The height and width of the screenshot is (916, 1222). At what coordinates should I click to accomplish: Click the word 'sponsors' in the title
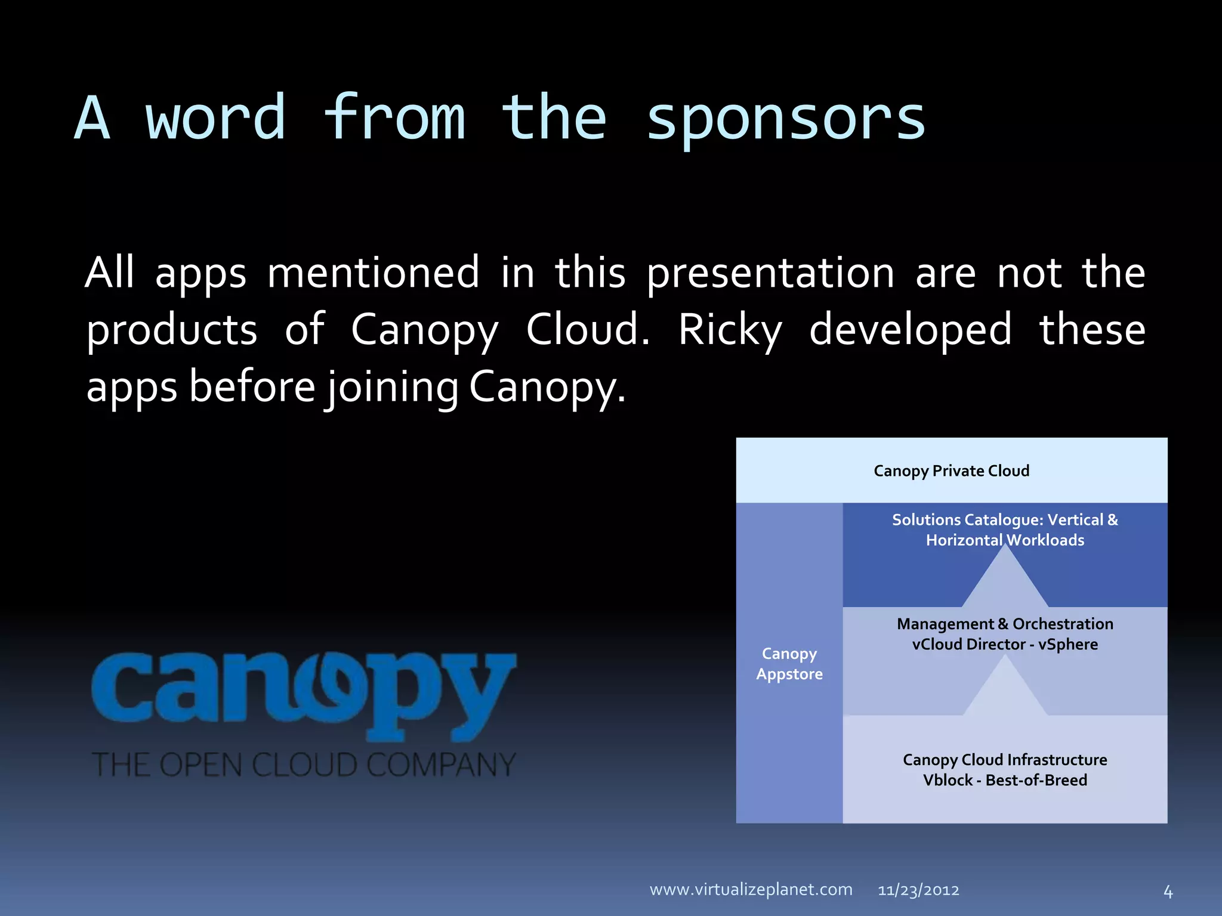pos(786,120)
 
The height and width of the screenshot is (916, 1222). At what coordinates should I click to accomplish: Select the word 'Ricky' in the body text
pos(730,330)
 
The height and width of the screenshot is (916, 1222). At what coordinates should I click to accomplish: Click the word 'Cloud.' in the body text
pos(588,330)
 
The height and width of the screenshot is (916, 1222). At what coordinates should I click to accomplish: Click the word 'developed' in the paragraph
pos(910,330)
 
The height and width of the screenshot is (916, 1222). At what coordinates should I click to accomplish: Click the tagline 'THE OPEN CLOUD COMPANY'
pos(304,765)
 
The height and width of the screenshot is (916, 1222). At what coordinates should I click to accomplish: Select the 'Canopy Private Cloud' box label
pos(951,471)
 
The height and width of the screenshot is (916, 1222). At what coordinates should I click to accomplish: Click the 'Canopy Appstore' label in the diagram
pos(789,664)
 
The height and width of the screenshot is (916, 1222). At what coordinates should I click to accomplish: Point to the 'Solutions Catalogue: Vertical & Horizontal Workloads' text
pos(1005,530)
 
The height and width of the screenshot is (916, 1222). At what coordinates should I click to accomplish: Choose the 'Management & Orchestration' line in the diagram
pos(1005,624)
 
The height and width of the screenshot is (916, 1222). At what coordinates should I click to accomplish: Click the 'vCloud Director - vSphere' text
pos(1005,645)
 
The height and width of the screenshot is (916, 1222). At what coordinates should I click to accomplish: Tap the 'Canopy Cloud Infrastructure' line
pos(1005,760)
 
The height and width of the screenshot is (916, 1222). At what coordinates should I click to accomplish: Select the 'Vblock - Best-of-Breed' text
pos(1005,780)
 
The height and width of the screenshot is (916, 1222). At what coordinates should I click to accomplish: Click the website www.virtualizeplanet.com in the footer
pos(751,890)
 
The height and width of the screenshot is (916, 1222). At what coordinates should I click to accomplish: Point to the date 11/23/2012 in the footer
pos(918,890)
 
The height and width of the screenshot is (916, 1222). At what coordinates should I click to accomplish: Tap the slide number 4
pos(1168,892)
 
